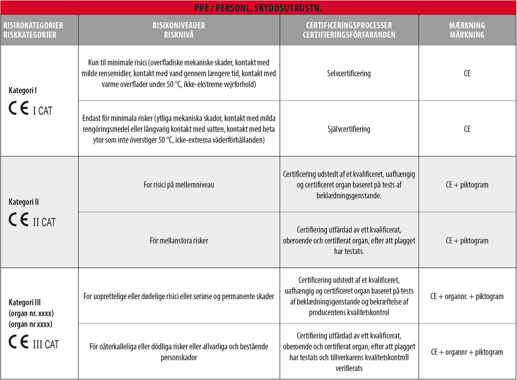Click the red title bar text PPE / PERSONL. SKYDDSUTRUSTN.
coord(258,8)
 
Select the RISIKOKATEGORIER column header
coord(33,25)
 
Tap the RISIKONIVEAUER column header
coord(179,25)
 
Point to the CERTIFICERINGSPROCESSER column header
coord(349,25)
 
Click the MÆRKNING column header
coord(467,25)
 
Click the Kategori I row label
coord(23,90)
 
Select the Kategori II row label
coord(24,202)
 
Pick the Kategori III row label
coord(25,302)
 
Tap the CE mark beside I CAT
coord(19,108)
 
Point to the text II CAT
coord(44,222)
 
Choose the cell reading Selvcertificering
coord(349,73)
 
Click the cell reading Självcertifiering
coord(349,129)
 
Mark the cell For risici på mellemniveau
coord(179,185)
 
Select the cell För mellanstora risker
coord(179,240)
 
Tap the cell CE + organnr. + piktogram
coord(467,296)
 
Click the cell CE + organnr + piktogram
coord(467,352)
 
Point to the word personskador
coord(179,357)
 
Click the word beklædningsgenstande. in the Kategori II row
coord(349,195)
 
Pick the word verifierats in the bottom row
coord(349,368)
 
